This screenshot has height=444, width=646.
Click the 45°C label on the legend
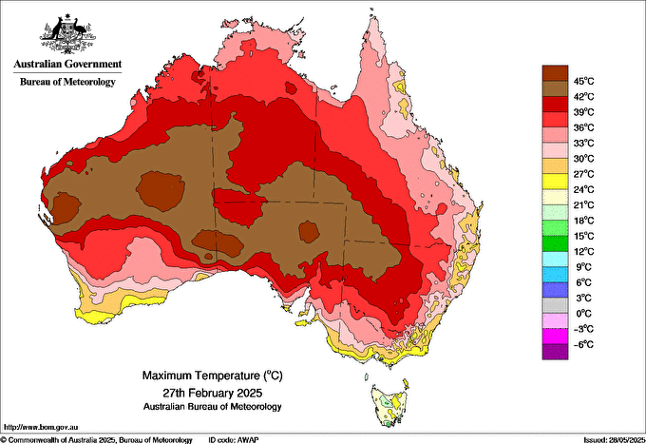pos(583,80)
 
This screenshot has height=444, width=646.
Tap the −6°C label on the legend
pos(581,344)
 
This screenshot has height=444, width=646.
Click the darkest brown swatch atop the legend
pos(554,72)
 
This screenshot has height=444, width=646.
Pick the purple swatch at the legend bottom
pos(554,352)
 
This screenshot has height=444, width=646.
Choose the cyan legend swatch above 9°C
pos(554,259)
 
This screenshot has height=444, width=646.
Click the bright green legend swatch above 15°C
pos(554,227)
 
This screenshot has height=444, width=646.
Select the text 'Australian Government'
pos(66,65)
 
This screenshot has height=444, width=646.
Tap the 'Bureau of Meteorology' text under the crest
pos(66,82)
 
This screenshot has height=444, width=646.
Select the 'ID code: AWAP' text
pos(233,438)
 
